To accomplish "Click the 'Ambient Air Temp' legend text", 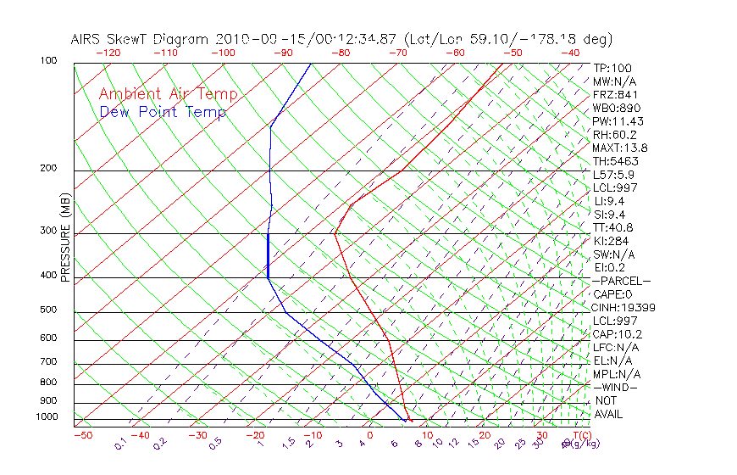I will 169,94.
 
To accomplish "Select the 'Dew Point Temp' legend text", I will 163,112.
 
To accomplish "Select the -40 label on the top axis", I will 569,53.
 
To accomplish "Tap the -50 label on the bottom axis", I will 82,435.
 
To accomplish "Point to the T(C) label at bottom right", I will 580,435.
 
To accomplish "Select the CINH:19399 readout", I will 624,308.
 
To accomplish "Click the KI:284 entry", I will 612,241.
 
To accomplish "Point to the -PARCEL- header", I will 621,281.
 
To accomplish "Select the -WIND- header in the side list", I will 615,387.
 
